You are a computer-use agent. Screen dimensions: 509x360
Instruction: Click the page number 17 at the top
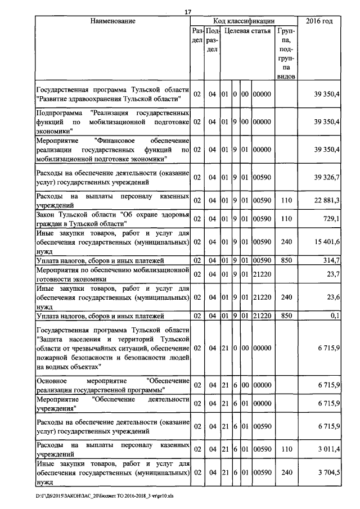[x=188, y=11]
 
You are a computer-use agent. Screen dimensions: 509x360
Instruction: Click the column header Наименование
[x=112, y=21]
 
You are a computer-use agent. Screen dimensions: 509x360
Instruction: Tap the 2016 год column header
[x=319, y=21]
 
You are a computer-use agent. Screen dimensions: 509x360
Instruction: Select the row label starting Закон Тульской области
[x=112, y=218]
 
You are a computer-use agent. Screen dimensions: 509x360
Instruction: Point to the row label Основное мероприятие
[x=112, y=385]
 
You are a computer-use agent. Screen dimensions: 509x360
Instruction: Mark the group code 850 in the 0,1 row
[x=287, y=316]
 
